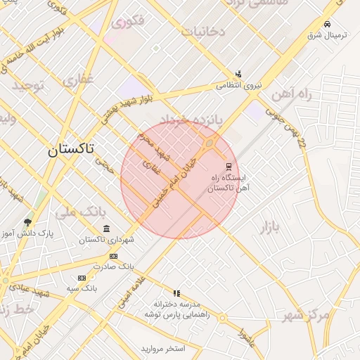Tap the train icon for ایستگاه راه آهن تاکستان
tap(228, 167)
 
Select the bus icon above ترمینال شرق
tap(328, 23)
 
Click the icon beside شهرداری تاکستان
tap(106, 229)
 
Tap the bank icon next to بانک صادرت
tap(114, 256)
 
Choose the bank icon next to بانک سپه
tap(82, 278)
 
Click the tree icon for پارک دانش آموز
tap(27, 222)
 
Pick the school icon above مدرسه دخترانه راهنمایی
tap(176, 293)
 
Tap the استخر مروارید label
tap(162, 348)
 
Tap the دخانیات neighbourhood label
tap(202, 32)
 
